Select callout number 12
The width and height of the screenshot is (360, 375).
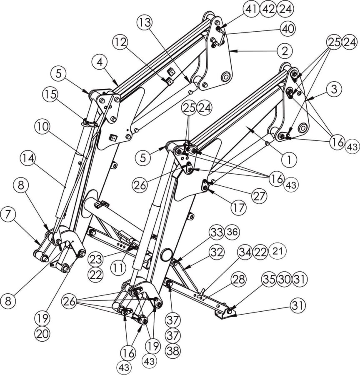click(120, 43)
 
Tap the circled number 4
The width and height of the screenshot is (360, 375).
click(100, 62)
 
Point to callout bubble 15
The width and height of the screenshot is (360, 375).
click(51, 95)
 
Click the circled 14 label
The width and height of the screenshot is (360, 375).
click(28, 159)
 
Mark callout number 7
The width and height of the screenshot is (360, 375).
click(8, 215)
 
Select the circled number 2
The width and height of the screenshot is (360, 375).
click(285, 51)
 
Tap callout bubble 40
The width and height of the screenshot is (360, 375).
click(288, 29)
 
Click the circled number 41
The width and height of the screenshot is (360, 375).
click(251, 9)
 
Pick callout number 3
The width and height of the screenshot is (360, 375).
click(334, 89)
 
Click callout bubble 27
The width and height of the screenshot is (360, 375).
click(260, 196)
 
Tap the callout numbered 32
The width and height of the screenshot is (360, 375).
click(217, 252)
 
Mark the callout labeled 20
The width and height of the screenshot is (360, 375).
click(42, 333)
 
